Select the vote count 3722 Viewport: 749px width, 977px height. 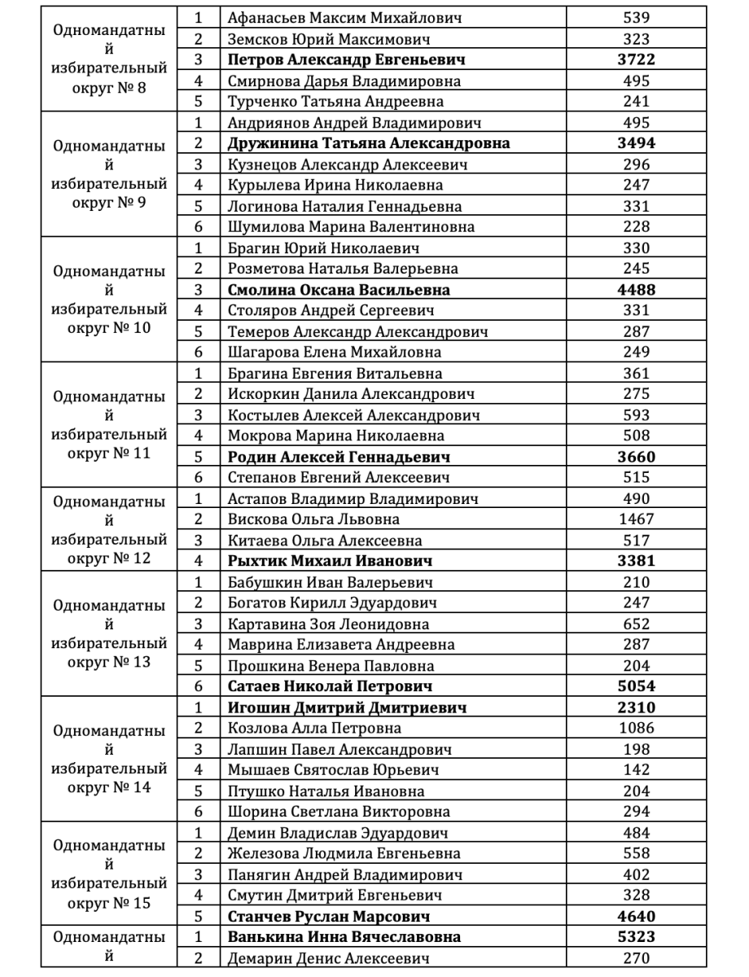636,59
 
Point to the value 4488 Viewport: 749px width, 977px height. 636,290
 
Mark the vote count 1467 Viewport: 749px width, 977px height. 636,519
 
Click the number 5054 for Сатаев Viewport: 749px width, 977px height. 636,686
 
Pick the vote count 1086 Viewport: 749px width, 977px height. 636,728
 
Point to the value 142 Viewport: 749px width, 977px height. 636,770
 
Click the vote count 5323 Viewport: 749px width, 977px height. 636,937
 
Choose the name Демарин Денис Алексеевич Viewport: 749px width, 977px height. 328,958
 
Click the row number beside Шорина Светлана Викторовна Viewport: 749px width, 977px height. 198,812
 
